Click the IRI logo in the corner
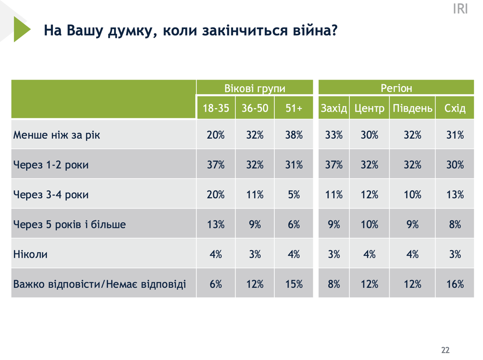click(460, 9)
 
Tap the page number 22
click(445, 350)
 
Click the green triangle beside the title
click(21, 29)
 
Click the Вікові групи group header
click(255, 88)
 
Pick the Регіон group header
click(396, 88)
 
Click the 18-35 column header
click(216, 109)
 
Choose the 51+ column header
click(294, 109)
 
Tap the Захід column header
click(333, 109)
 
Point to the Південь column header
click(412, 109)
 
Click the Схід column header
click(455, 109)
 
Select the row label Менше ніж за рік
click(57, 135)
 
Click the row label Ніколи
click(30, 255)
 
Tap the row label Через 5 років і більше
click(69, 225)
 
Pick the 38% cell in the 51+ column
click(294, 135)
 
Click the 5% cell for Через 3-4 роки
click(294, 195)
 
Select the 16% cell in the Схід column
click(455, 284)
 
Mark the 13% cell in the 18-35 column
click(216, 225)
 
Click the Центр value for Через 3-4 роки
click(369, 195)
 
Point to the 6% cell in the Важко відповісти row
click(216, 284)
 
